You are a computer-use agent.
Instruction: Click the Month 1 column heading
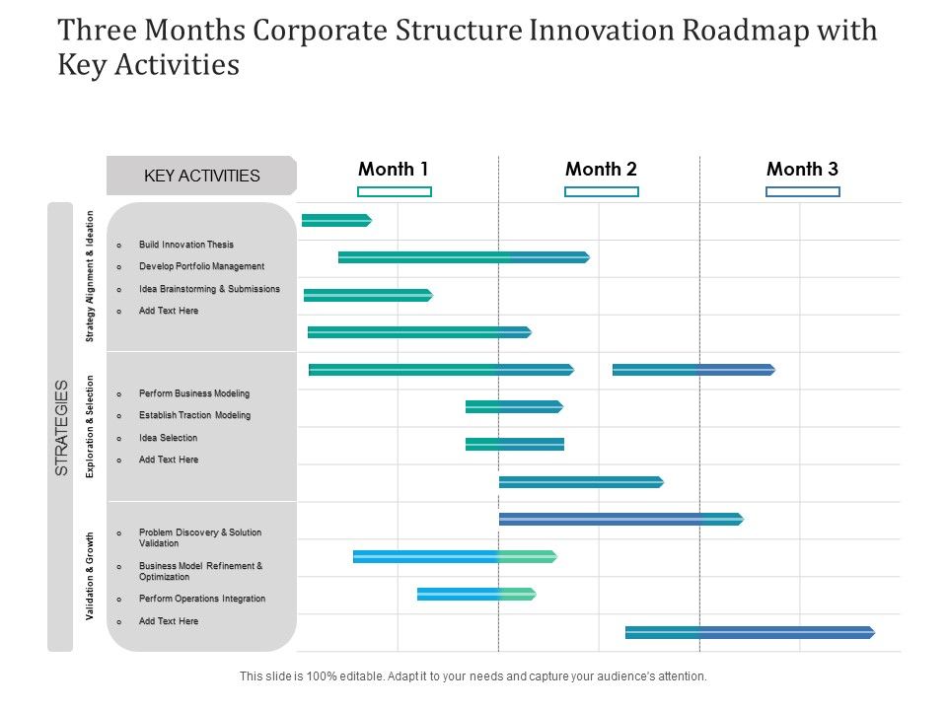click(393, 169)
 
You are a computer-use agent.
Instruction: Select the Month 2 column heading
click(601, 169)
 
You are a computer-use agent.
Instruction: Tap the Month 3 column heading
click(802, 169)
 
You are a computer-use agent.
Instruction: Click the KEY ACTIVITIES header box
click(201, 176)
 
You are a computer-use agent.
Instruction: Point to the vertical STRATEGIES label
click(61, 427)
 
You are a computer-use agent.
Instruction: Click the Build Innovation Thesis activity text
click(186, 245)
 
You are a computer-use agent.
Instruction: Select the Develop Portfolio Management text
click(201, 266)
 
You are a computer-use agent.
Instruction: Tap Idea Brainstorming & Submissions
click(209, 289)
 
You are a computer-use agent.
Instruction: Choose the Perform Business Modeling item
click(194, 393)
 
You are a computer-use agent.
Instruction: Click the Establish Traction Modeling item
click(194, 415)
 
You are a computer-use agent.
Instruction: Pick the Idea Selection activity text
click(168, 438)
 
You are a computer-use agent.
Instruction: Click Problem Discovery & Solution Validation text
click(200, 537)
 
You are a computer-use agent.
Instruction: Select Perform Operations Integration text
click(202, 599)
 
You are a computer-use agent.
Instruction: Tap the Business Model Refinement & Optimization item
click(200, 571)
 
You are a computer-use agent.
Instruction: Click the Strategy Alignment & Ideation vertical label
click(90, 277)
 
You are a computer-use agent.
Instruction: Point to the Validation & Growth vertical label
click(90, 576)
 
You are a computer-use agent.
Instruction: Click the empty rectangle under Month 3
click(802, 191)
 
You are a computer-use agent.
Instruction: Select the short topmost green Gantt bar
click(335, 220)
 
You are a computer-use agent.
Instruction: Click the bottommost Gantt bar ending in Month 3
click(749, 632)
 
